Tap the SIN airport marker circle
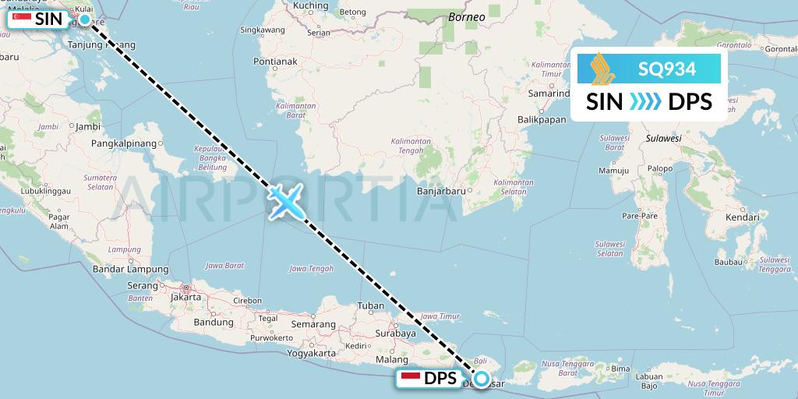85,19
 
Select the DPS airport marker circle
482,380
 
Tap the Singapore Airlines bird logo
601,69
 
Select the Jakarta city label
186,297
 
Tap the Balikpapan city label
541,119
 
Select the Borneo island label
467,16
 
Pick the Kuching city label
311,6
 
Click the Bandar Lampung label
121,270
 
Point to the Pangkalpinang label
124,143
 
